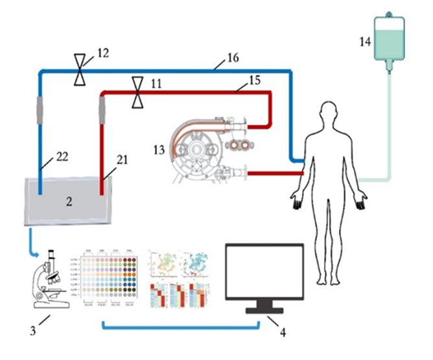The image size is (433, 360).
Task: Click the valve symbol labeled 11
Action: coord(137,93)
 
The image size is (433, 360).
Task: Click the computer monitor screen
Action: coord(264,272)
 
